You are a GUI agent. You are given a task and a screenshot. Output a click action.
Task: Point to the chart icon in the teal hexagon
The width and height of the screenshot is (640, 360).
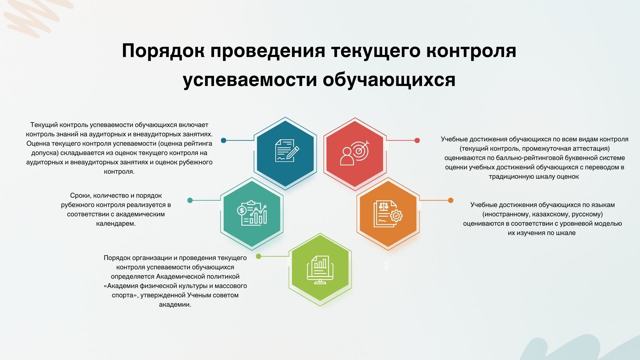(252, 213)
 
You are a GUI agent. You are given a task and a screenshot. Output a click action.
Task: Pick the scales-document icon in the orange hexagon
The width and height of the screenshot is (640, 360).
(388, 214)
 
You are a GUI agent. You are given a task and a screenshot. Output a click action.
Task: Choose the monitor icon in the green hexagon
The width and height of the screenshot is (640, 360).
(320, 270)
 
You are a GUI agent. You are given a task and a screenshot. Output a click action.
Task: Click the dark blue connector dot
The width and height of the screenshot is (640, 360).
(224, 140)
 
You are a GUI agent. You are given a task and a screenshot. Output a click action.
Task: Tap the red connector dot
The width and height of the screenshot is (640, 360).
(417, 140)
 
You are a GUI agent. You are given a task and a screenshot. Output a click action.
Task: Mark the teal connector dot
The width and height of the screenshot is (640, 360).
(190, 200)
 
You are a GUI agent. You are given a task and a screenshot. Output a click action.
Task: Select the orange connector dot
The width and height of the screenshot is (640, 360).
(451, 200)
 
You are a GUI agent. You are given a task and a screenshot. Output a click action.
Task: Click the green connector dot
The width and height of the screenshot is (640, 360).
(258, 256)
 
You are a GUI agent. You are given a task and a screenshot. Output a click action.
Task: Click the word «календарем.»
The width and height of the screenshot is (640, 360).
(116, 224)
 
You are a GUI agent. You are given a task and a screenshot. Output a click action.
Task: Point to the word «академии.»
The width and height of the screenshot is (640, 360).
(175, 304)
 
